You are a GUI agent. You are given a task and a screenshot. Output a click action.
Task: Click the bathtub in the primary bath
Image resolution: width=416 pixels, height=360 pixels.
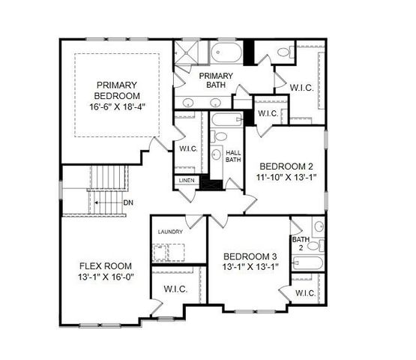[x=226, y=53]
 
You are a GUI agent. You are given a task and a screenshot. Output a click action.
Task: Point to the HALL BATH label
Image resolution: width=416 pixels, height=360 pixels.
[x=233, y=155]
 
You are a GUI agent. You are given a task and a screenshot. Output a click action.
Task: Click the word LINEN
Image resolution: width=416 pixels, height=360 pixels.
[x=187, y=181]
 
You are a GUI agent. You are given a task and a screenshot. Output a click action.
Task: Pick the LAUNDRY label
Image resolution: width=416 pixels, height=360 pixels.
[x=170, y=232]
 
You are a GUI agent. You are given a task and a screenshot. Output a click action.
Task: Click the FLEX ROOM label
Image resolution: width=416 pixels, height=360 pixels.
[x=106, y=265]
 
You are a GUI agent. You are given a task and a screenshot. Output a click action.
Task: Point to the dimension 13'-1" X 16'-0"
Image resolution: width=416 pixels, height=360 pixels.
[x=106, y=277]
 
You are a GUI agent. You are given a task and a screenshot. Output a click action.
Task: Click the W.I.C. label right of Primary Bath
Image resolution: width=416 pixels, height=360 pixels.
[x=302, y=88]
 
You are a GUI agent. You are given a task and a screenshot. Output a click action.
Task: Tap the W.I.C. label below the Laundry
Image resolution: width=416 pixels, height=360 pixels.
[x=175, y=289]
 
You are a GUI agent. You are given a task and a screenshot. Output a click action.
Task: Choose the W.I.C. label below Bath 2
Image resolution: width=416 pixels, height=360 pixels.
[x=305, y=292]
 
